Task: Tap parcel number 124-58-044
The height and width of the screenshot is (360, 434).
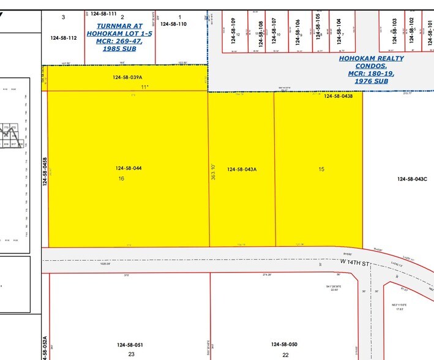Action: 129,168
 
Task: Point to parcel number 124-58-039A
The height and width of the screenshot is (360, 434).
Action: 127,78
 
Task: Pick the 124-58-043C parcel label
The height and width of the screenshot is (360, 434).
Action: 412,179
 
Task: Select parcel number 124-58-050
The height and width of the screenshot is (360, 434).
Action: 284,345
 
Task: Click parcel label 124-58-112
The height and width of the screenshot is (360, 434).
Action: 64,37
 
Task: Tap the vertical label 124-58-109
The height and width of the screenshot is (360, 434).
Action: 233,29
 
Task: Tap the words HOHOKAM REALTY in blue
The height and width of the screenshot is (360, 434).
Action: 367,59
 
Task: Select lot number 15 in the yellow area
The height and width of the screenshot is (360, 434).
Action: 321,168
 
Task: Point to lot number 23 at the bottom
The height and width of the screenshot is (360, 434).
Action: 131,354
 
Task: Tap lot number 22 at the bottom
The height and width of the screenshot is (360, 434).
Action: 285,354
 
